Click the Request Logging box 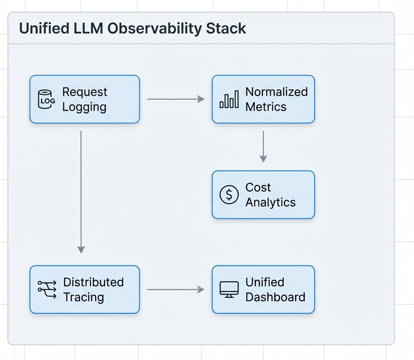[x=84, y=99]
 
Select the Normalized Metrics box [x=263, y=99]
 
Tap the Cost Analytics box [x=263, y=195]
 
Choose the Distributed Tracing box [x=84, y=289]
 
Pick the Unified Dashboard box [x=263, y=289]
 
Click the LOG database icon [x=46, y=99]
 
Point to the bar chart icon [x=229, y=99]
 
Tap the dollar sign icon [x=229, y=195]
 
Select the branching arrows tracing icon [x=47, y=289]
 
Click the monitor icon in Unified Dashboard [x=229, y=289]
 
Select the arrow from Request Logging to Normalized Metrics [x=175, y=99]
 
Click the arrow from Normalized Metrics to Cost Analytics [x=263, y=146]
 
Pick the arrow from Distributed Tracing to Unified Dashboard [x=175, y=289]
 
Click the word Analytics [x=270, y=202]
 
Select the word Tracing [x=83, y=297]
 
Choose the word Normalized [x=276, y=92]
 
